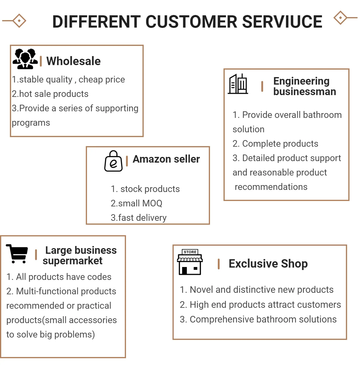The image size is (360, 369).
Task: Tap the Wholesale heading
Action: tap(73, 61)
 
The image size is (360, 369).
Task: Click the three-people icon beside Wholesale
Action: tap(25, 59)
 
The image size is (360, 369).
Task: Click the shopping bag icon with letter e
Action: tap(113, 161)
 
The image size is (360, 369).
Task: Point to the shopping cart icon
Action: tap(17, 254)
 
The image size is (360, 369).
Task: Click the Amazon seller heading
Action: tap(166, 159)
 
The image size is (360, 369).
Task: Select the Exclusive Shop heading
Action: tap(268, 264)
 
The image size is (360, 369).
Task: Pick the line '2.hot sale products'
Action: tap(50, 94)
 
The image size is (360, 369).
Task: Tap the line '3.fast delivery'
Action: tap(139, 218)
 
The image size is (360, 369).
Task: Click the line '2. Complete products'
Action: tap(275, 144)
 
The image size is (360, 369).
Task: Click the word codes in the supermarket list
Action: tap(99, 277)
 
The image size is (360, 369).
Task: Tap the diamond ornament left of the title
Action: tap(19, 21)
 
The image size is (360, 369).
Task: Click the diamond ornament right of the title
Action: tap(340, 18)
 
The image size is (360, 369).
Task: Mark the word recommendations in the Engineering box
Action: tap(271, 187)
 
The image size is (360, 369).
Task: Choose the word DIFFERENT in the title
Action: tap(97, 22)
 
